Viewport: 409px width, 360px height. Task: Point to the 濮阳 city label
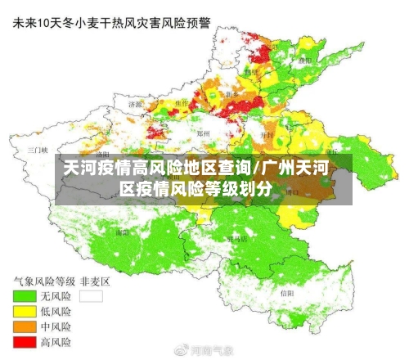tap(305, 60)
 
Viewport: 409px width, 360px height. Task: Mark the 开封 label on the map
tap(266, 133)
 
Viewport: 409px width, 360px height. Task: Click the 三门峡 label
tap(37, 151)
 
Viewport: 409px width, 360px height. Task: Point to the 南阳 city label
tap(123, 232)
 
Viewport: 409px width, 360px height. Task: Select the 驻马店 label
tap(237, 240)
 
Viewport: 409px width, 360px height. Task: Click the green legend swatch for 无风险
tap(24, 295)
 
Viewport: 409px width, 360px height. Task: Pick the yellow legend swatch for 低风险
tap(24, 311)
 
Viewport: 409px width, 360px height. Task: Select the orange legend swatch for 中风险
tap(24, 326)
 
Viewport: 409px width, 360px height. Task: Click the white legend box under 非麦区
tap(92, 295)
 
